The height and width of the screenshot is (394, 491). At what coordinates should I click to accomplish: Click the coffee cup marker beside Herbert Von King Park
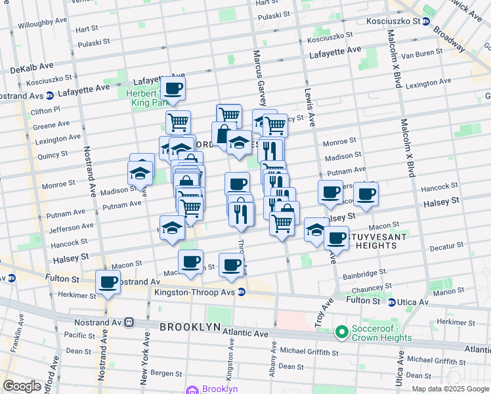(173, 89)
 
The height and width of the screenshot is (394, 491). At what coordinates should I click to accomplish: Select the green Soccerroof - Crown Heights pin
(341, 333)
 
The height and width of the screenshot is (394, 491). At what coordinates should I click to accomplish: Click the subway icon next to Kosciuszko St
(426, 21)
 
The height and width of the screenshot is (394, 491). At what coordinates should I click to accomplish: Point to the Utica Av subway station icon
(392, 302)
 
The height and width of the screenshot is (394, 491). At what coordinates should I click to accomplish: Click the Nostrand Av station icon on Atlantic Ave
(130, 322)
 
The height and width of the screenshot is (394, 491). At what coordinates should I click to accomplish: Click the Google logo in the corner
(22, 386)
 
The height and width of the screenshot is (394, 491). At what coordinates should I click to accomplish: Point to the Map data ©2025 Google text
(450, 389)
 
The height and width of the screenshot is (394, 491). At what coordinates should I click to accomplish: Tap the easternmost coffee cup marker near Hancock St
(366, 194)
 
